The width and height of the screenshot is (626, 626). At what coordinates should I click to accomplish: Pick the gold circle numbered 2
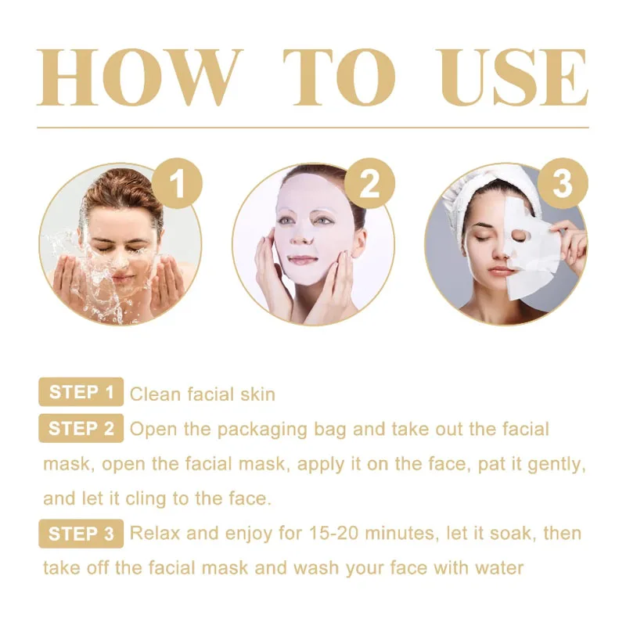tap(369, 185)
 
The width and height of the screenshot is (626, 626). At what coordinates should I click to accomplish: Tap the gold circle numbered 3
tap(563, 185)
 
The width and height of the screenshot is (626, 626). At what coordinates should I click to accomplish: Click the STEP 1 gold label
tap(81, 392)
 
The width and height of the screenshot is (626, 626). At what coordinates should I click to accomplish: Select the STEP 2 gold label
tap(81, 428)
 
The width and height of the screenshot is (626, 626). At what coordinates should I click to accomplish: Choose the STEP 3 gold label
tap(81, 534)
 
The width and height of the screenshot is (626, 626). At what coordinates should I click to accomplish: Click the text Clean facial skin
tap(202, 394)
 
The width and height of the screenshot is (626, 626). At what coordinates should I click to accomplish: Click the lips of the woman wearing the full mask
tap(303, 259)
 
